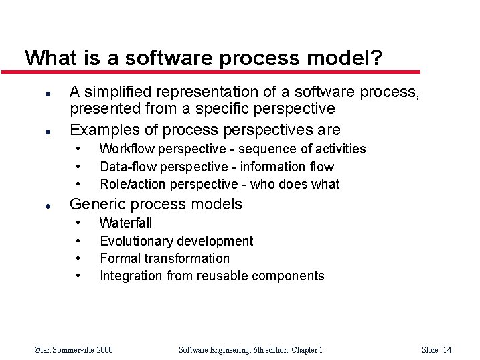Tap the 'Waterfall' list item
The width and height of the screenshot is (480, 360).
(126, 223)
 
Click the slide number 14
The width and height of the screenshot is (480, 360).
(447, 349)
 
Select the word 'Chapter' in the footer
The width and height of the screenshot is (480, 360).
(299, 349)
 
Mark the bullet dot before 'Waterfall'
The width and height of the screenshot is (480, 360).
(79, 223)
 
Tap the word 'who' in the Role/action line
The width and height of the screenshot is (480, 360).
(262, 184)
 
